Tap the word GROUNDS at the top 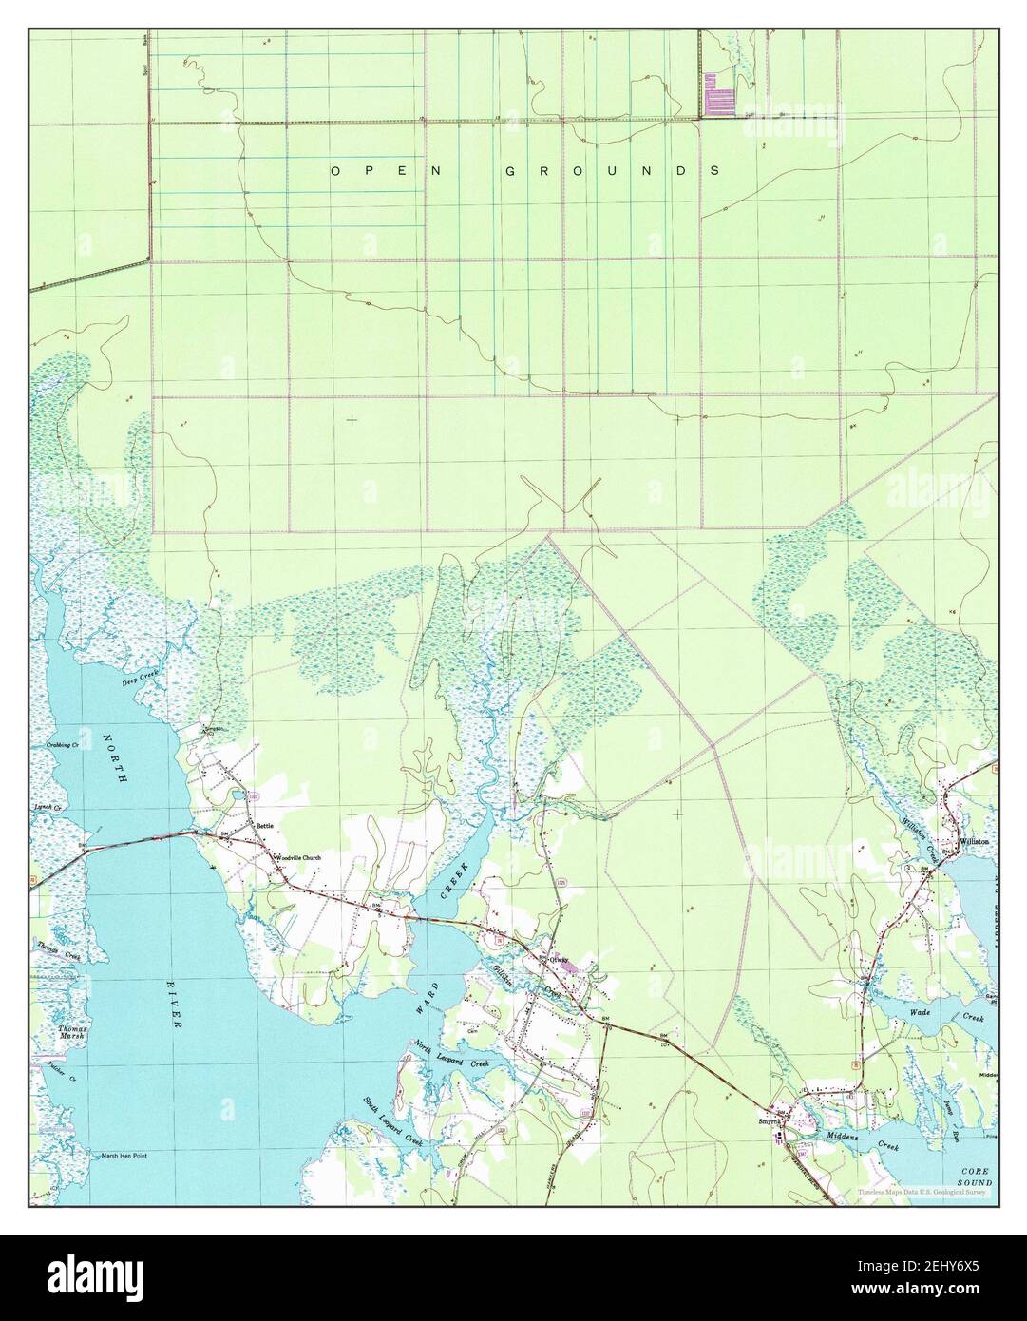pyautogui.click(x=611, y=171)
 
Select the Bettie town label pyautogui.click(x=263, y=826)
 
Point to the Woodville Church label pyautogui.click(x=299, y=857)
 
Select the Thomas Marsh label pyautogui.click(x=73, y=1033)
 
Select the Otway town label pyautogui.click(x=558, y=959)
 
